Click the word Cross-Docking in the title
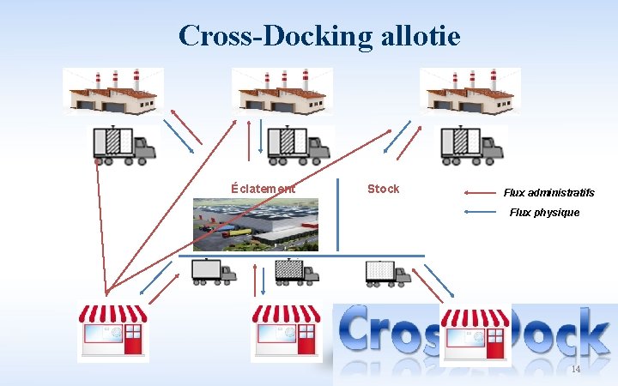click(x=276, y=35)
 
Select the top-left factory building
click(x=112, y=91)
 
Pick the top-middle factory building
click(x=282, y=91)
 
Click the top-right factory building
click(x=470, y=91)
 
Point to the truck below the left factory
click(x=125, y=145)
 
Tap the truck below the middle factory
click(x=299, y=145)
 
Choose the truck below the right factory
click(x=471, y=145)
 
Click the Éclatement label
click(x=264, y=189)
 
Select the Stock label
click(x=383, y=189)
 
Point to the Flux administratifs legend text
click(x=548, y=193)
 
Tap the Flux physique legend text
click(x=544, y=212)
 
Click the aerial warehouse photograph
click(x=255, y=224)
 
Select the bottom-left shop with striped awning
click(x=112, y=330)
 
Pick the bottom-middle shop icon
click(x=286, y=330)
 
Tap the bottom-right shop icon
click(x=475, y=334)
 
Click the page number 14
click(x=575, y=369)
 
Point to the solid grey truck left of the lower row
click(x=213, y=271)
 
